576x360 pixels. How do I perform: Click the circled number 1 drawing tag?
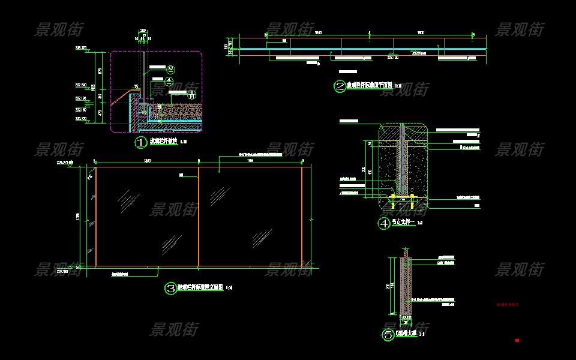(x=140, y=143)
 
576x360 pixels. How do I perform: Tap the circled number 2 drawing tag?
(x=340, y=87)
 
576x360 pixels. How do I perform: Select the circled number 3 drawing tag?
(x=170, y=288)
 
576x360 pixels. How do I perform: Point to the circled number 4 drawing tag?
(x=383, y=224)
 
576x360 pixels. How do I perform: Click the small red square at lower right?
(x=517, y=341)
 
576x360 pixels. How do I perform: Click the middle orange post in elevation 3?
(x=199, y=216)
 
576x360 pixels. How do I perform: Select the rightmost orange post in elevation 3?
(x=302, y=216)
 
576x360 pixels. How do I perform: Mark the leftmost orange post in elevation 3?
(x=95, y=216)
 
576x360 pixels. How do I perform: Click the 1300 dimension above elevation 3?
(x=147, y=161)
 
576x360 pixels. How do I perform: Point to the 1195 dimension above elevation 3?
(x=250, y=161)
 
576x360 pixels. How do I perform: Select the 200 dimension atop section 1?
(x=143, y=30)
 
